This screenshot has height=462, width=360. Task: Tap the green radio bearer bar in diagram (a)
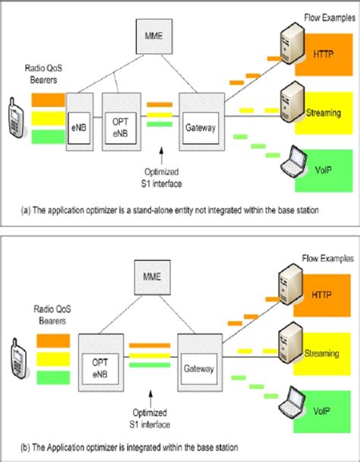click(x=48, y=135)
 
